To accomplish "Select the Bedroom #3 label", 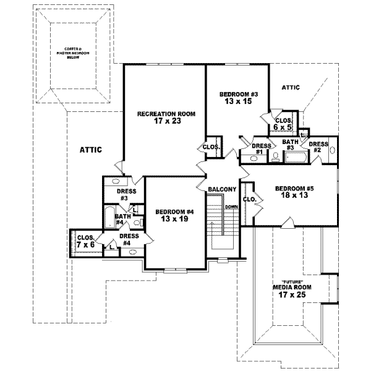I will (238, 94).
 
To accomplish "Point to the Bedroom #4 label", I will (175, 212).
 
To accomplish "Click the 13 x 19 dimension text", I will (175, 220).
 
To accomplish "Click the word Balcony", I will (221, 189).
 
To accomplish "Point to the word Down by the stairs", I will (232, 207).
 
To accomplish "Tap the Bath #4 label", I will (123, 220).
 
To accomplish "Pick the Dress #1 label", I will (258, 149).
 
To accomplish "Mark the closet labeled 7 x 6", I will (85, 241).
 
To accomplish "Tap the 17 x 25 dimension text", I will (292, 296).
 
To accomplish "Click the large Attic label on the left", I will (90, 150).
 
